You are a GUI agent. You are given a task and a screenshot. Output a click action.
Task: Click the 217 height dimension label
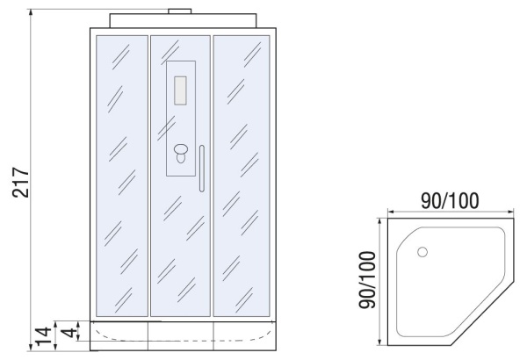(21, 182)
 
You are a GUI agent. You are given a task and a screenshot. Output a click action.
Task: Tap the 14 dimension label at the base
(44, 335)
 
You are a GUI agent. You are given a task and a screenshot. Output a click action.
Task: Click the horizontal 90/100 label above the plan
(450, 201)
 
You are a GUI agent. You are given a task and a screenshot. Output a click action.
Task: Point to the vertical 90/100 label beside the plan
(367, 280)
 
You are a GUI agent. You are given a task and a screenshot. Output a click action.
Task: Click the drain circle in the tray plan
(422, 252)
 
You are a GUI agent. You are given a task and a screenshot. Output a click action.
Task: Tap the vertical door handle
(202, 169)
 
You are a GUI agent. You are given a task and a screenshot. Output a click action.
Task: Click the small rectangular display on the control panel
(180, 90)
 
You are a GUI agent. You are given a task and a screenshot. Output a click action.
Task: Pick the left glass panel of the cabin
(122, 176)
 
